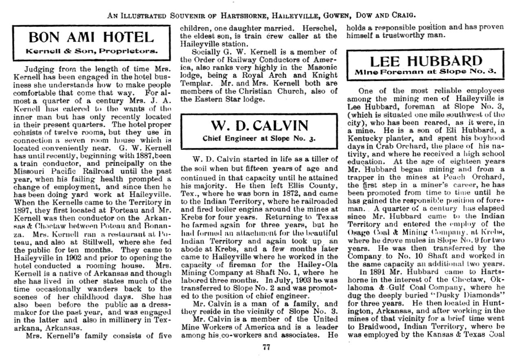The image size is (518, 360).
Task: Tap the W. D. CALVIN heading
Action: (259, 125)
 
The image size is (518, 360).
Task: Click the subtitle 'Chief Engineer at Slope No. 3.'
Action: (259, 138)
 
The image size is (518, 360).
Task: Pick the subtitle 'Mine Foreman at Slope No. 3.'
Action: (426, 72)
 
